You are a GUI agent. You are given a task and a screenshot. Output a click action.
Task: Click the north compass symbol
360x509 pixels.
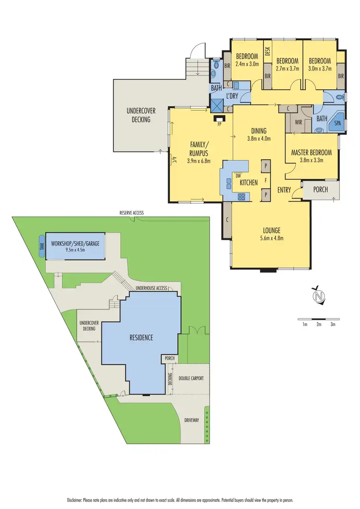pos(317,296)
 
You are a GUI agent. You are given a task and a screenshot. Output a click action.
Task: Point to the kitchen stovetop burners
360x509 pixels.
pos(242,196)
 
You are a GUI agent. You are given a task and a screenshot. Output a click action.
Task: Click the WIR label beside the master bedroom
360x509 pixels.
pos(298,122)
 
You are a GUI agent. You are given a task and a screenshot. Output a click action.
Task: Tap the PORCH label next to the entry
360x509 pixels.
pos(320,189)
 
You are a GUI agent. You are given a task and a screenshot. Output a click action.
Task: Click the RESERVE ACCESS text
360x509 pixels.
pos(132,213)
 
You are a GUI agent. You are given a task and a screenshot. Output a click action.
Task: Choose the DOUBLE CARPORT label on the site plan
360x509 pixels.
pos(191,379)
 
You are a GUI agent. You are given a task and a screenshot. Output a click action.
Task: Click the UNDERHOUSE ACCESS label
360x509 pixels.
pos(151,288)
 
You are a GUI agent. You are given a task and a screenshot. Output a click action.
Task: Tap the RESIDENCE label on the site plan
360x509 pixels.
pos(141,338)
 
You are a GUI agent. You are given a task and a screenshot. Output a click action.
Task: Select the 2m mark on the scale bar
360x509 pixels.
pos(319,325)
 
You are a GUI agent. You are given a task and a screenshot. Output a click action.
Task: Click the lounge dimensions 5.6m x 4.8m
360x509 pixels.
pos(271,237)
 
